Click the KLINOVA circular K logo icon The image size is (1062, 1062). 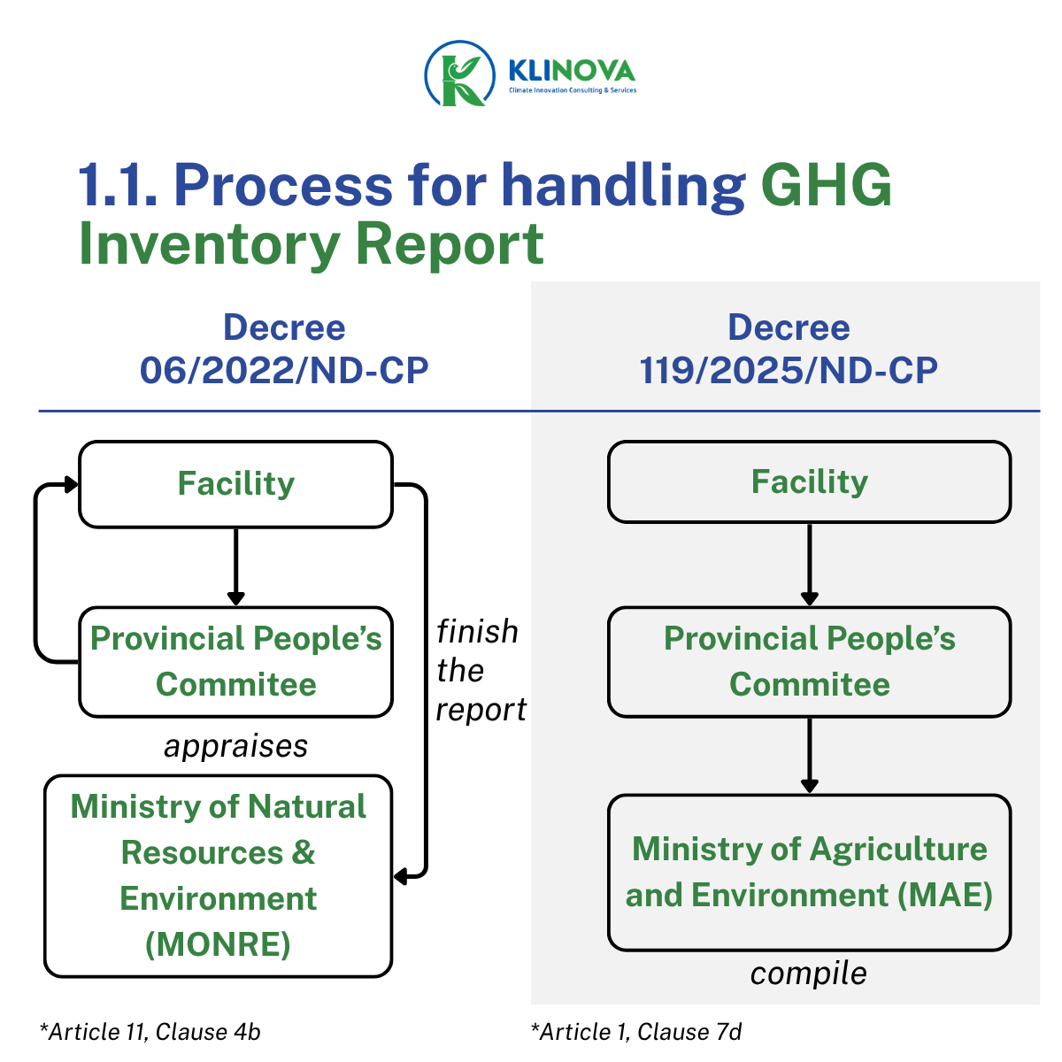point(459,73)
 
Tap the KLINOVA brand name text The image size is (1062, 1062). point(572,71)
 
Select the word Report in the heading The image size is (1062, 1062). point(450,244)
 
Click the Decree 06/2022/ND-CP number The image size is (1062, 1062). point(284,370)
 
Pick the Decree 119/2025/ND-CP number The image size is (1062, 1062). point(789,370)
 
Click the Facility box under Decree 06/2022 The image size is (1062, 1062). point(235,484)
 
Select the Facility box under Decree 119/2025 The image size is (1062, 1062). point(809,481)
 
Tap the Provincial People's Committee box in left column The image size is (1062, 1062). point(235,661)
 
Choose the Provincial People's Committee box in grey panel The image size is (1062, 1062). point(809,661)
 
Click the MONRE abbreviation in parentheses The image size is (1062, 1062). point(218,945)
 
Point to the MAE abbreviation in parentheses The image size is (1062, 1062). point(944,895)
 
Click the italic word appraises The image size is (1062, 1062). point(235,747)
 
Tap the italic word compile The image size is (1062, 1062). point(809,973)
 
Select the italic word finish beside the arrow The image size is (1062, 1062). point(477,631)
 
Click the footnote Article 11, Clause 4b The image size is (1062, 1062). point(150,1032)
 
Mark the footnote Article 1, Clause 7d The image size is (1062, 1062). point(636,1032)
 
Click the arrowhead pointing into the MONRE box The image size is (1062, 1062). point(401,876)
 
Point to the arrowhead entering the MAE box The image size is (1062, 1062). point(809,785)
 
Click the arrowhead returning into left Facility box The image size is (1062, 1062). point(72,484)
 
